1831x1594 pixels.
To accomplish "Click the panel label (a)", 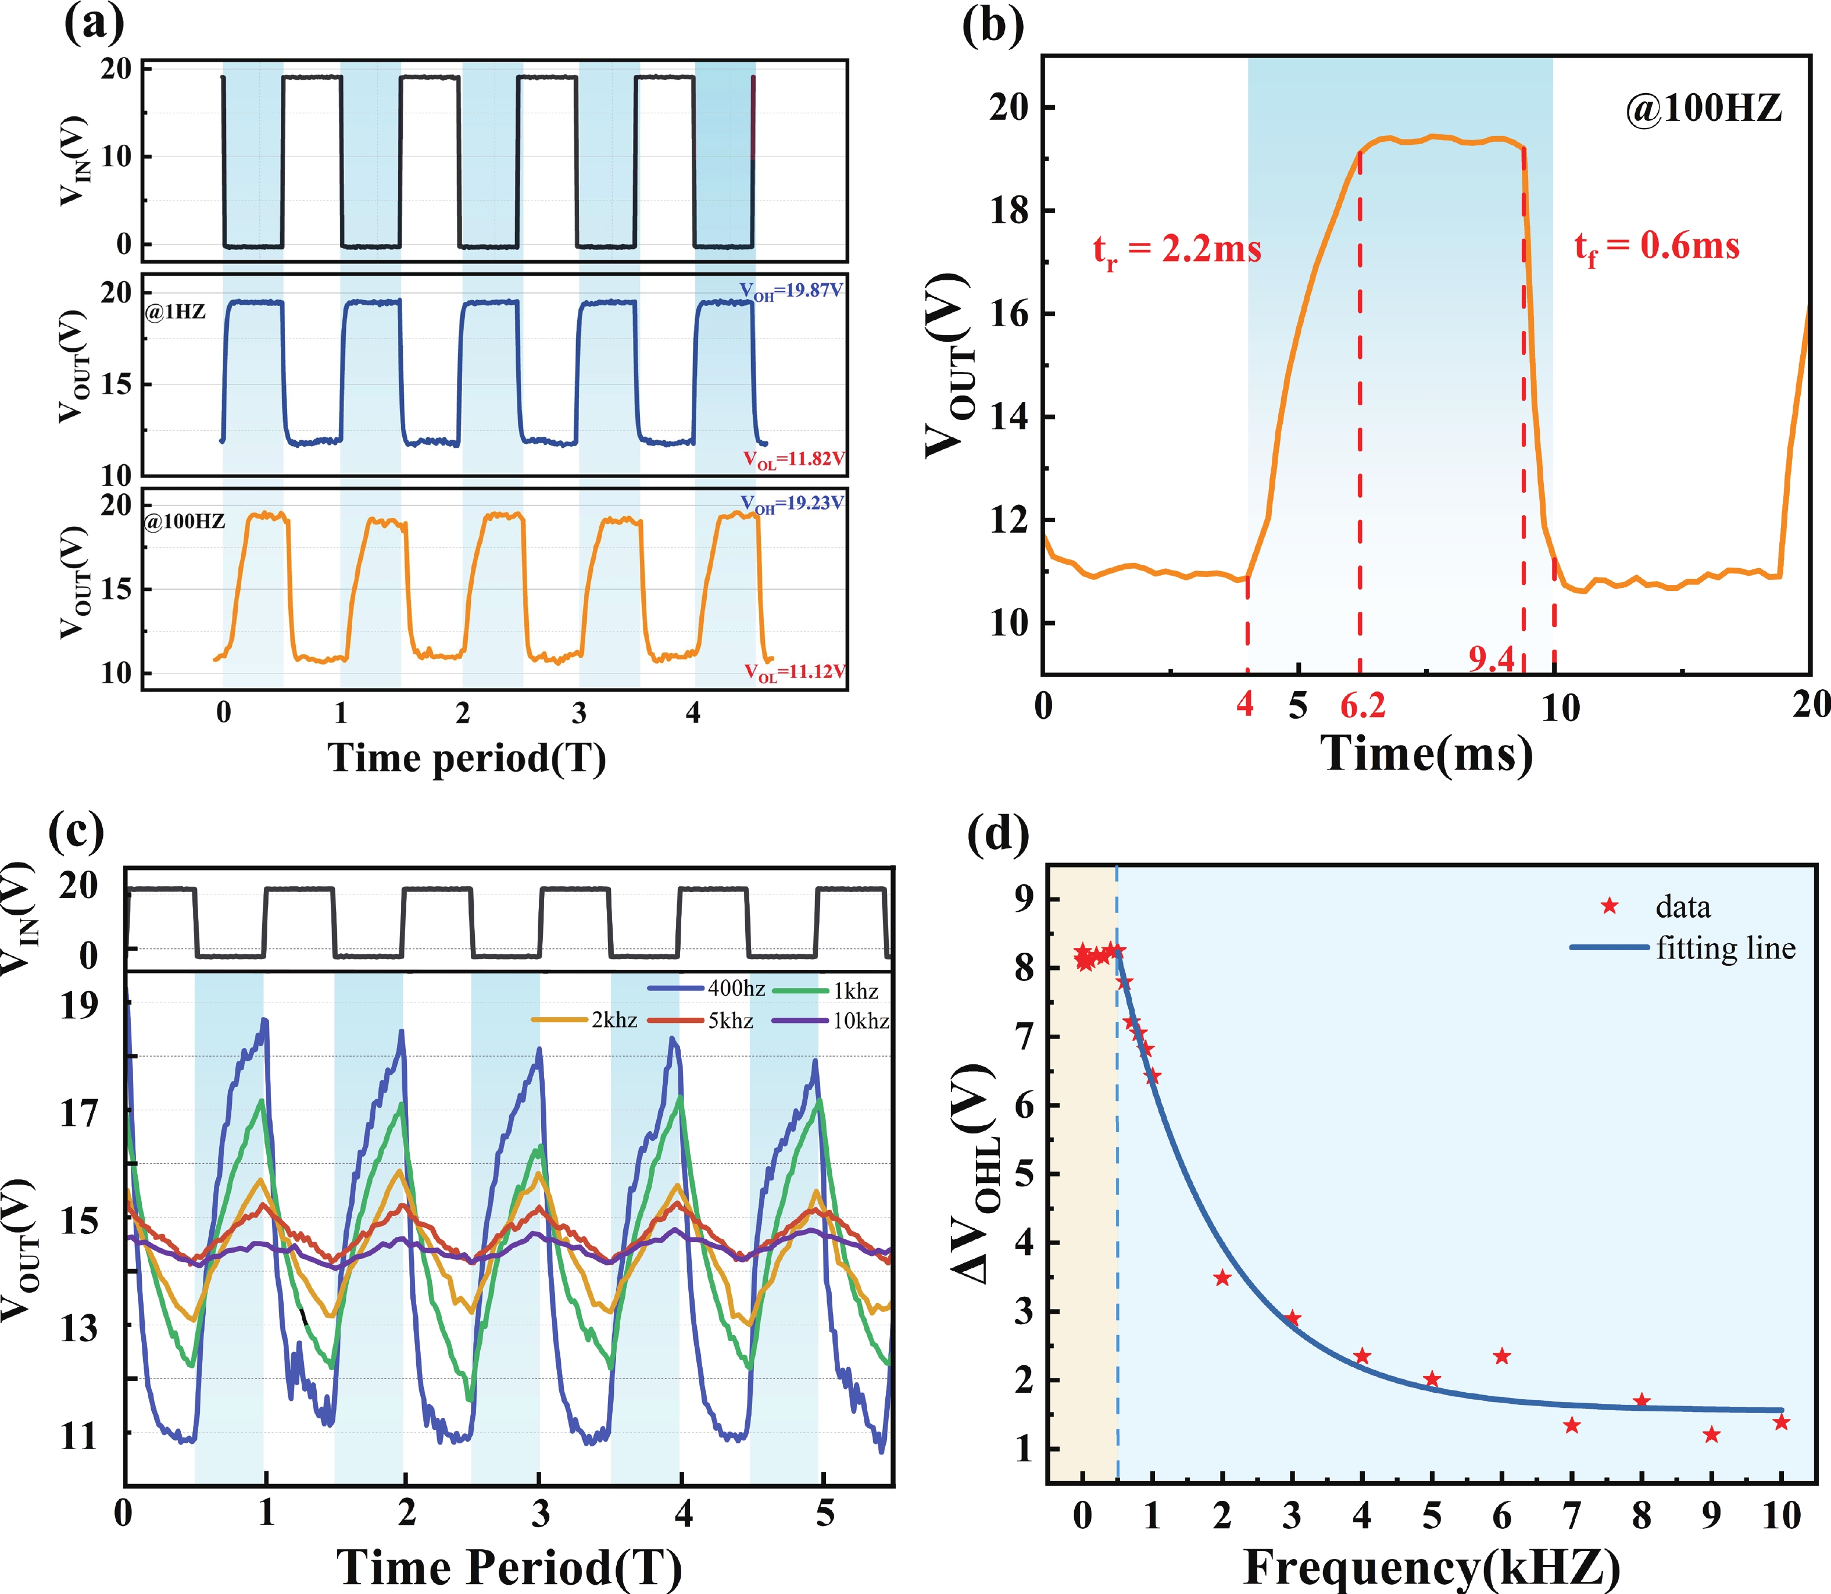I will pos(94,24).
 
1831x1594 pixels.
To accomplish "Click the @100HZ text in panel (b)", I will pos(1703,109).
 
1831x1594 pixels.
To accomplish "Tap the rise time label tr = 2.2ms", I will pos(1176,250).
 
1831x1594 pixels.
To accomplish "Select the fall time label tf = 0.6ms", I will pos(1657,247).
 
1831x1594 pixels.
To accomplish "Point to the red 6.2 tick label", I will pos(1362,705).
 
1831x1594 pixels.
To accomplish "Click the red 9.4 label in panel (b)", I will pos(1492,659).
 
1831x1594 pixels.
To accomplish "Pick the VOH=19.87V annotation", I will pos(791,291).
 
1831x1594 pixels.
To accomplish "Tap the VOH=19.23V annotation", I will pos(792,504).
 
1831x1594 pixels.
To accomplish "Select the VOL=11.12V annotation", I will pos(794,672).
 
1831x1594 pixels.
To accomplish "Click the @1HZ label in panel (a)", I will pos(176,311).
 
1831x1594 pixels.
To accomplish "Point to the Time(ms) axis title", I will pos(1426,754).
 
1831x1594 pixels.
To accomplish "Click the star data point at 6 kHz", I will pos(1502,1357).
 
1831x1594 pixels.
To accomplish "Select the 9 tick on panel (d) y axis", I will pos(1025,899).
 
